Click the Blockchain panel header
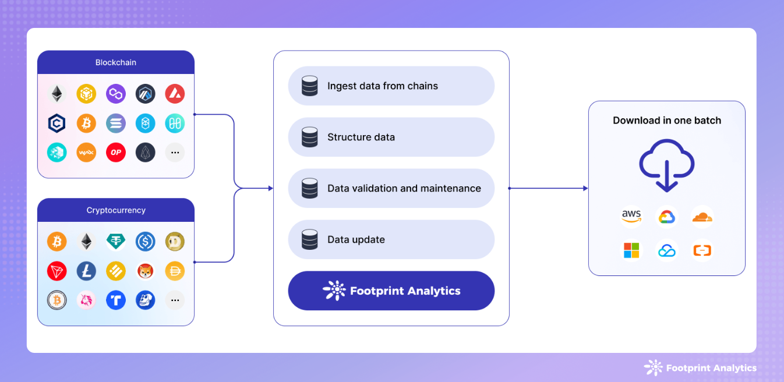click(116, 62)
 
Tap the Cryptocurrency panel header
click(116, 210)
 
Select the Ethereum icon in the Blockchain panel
click(57, 94)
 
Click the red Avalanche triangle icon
click(175, 94)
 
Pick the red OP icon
click(116, 153)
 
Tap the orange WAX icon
click(86, 153)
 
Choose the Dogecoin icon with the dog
click(175, 241)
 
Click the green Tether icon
click(116, 241)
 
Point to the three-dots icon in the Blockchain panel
click(175, 153)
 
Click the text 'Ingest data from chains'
click(383, 86)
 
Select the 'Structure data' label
click(361, 137)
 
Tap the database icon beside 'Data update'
click(310, 239)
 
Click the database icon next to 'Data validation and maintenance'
click(310, 188)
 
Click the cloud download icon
click(667, 164)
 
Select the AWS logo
click(631, 217)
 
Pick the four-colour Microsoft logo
click(631, 250)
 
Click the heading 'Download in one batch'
click(667, 121)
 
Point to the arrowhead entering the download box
click(585, 188)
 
